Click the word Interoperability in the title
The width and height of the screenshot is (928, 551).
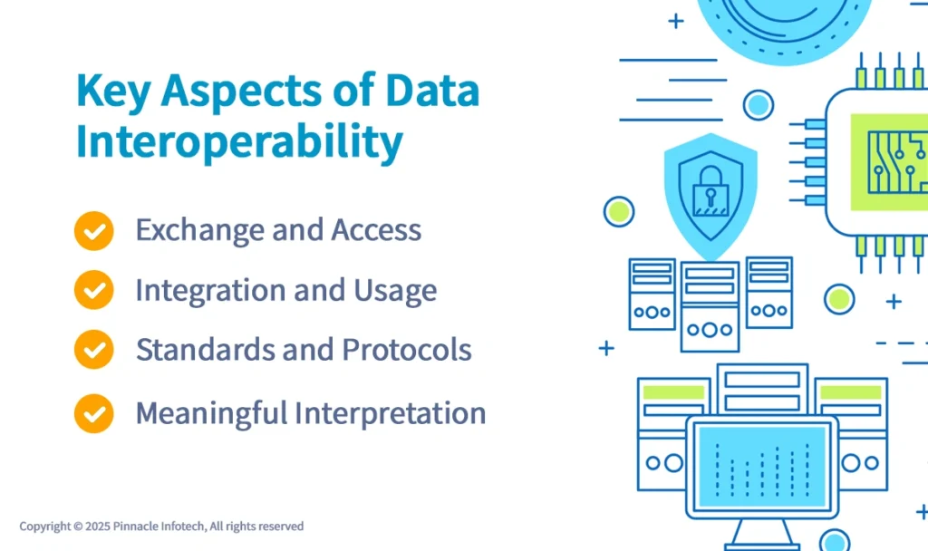pos(239,143)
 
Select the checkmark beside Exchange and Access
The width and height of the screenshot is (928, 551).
pos(93,231)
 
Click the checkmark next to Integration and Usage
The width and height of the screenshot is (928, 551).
pos(93,291)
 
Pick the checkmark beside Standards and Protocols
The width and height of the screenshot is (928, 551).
pos(93,350)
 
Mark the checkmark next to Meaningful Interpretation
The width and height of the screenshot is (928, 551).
pos(93,413)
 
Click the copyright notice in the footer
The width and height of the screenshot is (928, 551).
pos(161,527)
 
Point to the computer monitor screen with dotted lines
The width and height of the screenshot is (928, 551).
pos(761,462)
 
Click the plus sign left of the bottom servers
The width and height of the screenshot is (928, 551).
pos(606,348)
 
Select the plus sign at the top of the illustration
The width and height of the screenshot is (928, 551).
pos(675,21)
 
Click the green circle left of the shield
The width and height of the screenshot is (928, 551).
pos(619,211)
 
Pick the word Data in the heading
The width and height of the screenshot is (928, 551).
pos(431,92)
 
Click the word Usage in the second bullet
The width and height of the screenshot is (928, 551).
pos(394,291)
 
